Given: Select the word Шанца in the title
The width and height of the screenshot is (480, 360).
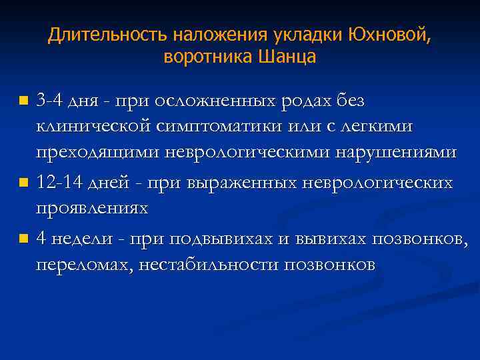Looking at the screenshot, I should click(x=289, y=57).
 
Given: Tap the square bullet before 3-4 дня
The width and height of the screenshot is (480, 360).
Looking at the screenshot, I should click(x=24, y=102).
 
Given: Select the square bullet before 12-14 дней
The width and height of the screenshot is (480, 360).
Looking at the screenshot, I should click(x=24, y=183).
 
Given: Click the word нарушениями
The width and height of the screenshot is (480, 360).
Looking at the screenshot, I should click(x=401, y=153).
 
